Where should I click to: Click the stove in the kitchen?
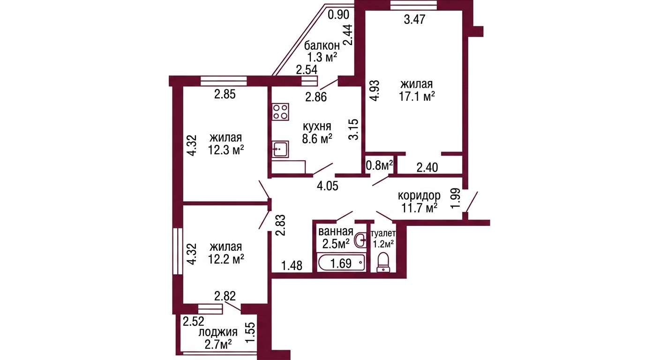(x=280, y=112)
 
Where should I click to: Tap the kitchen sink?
(x=280, y=149)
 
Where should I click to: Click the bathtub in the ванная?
(x=341, y=262)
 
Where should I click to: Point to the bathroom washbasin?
(x=361, y=240)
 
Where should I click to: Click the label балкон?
(x=322, y=45)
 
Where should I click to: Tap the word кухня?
(x=317, y=126)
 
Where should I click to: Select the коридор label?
(x=419, y=195)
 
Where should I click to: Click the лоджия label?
(x=218, y=332)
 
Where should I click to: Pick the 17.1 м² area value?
(x=417, y=97)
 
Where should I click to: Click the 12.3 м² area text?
(x=226, y=150)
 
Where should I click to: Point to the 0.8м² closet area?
(x=379, y=165)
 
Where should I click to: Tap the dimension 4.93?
(x=375, y=91)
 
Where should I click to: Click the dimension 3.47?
(x=415, y=20)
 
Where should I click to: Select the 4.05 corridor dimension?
(x=327, y=186)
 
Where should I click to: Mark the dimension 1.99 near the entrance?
(x=456, y=198)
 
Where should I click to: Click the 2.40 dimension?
(x=427, y=167)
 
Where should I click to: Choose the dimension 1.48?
(x=292, y=265)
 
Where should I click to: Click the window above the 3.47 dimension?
(x=414, y=5)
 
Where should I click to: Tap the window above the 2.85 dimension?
(x=224, y=81)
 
